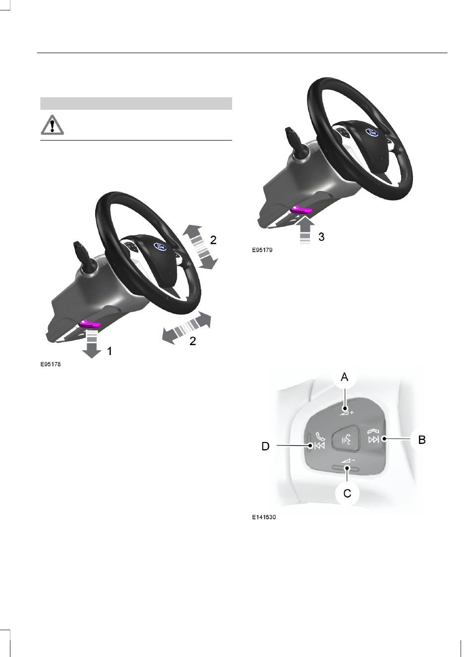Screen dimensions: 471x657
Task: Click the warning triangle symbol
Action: (52, 125)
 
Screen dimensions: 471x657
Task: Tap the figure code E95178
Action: (51, 365)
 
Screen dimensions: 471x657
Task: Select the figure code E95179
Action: (262, 250)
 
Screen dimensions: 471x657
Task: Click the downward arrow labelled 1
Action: (92, 343)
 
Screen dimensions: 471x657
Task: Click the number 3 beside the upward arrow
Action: (321, 237)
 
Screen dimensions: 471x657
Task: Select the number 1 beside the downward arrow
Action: (110, 351)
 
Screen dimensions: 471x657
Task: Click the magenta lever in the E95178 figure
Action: (89, 324)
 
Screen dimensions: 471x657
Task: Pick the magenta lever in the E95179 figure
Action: (301, 210)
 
